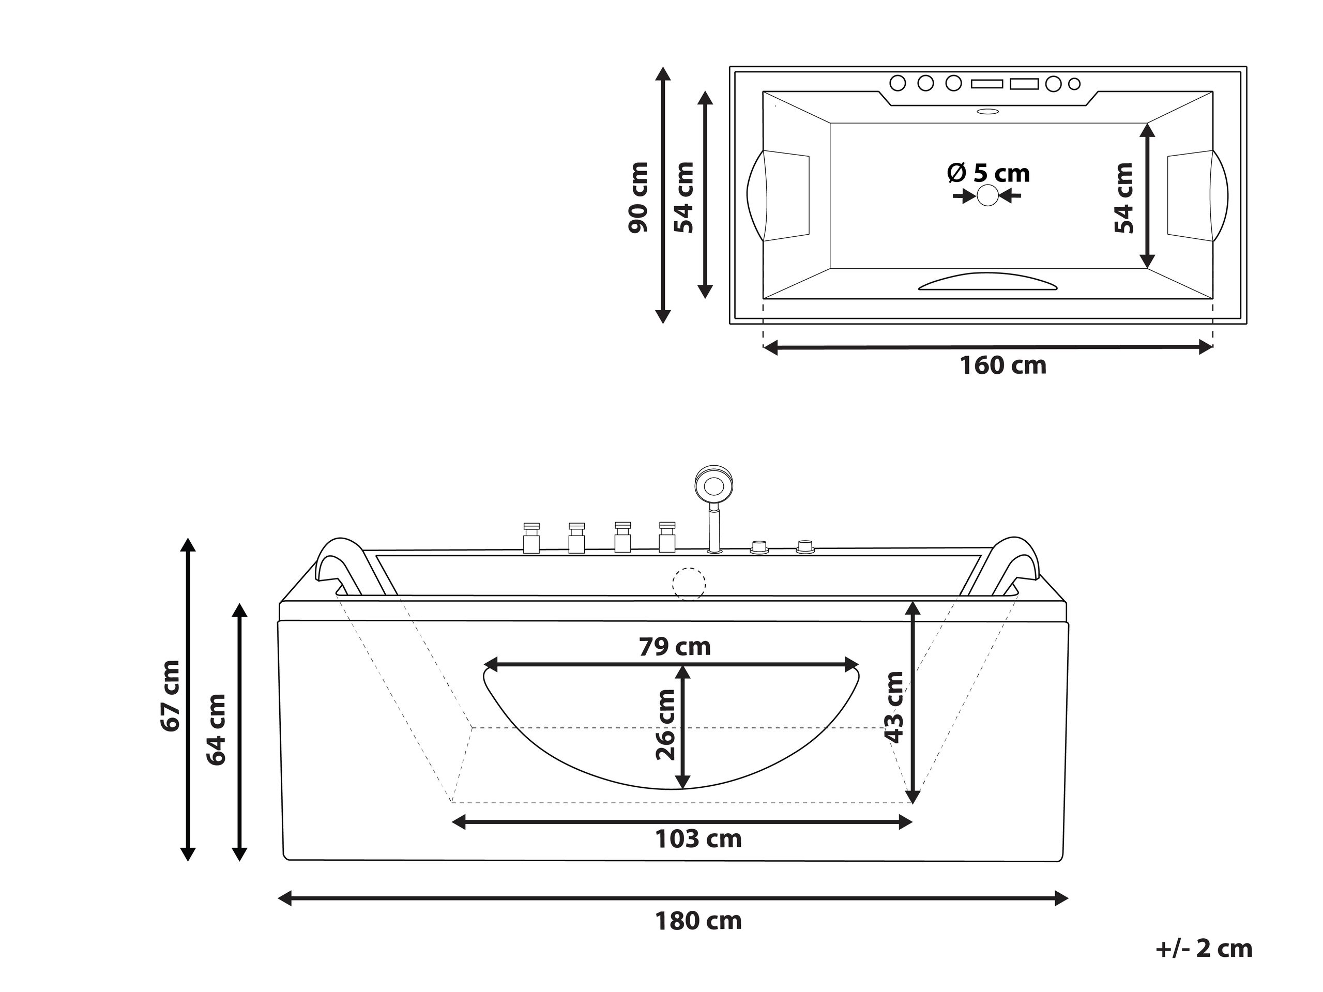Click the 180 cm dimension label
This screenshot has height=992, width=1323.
pos(698,921)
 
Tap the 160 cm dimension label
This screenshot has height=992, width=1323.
pos(1003,365)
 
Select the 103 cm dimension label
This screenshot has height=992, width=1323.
pos(698,839)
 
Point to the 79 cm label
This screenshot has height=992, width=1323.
pos(675,646)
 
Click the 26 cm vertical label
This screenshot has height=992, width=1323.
pos(666,724)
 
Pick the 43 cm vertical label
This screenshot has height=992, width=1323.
pos(894,707)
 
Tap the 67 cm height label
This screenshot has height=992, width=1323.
pos(170,695)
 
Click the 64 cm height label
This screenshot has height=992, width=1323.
pos(216,729)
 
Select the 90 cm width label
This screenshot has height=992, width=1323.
pos(638,197)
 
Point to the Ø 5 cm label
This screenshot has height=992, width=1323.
pos(988,173)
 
